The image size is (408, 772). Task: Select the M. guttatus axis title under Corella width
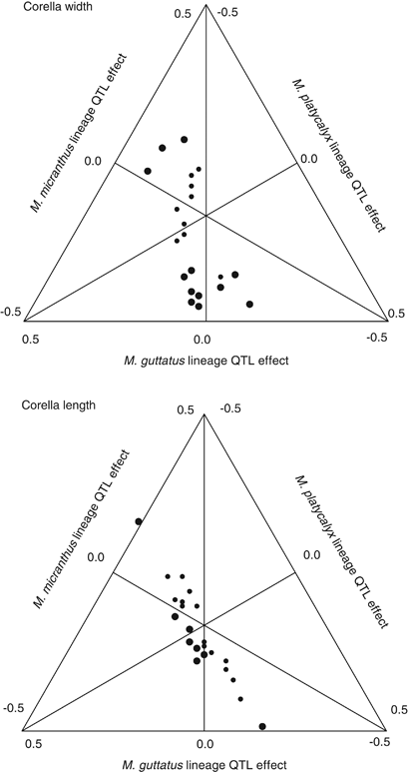tap(204, 361)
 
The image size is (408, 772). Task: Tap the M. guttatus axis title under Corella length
tap(204, 765)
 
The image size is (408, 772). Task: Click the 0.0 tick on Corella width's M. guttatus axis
tap(204, 341)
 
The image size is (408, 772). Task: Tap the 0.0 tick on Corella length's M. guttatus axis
tap(204, 744)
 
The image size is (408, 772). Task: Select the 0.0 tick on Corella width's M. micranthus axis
tap(96, 160)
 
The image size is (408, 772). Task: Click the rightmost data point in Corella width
tap(249, 304)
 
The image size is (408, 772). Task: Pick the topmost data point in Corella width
tap(185, 139)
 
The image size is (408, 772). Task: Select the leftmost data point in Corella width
tap(148, 171)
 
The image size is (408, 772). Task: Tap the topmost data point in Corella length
tap(139, 521)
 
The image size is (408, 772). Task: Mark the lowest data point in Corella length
tap(262, 726)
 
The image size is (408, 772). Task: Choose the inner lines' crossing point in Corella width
tap(204, 215)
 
